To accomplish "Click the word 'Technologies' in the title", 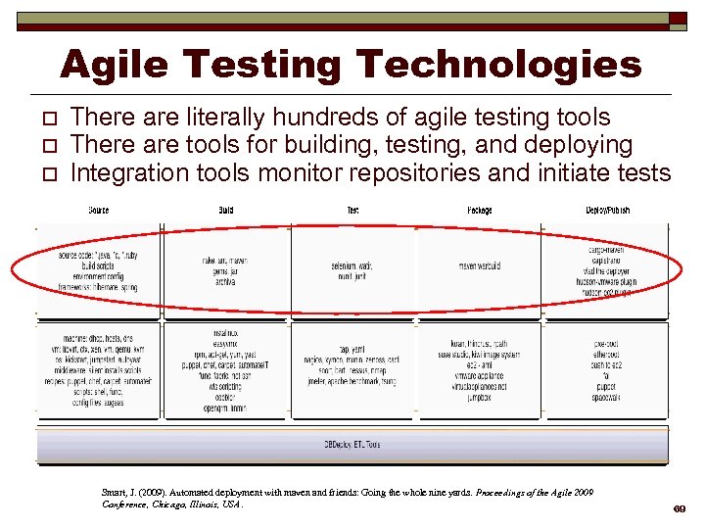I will [498, 65].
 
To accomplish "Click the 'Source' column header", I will [99, 211].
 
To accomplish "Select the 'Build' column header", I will [226, 211].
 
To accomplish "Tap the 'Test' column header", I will [353, 211].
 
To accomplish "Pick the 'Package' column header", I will [480, 211].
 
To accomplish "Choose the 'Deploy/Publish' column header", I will [608, 211].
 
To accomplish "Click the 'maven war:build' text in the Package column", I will [480, 265].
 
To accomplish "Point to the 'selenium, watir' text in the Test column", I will [353, 264].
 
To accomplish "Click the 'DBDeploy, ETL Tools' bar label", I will [352, 445].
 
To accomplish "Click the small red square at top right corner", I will [678, 18].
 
